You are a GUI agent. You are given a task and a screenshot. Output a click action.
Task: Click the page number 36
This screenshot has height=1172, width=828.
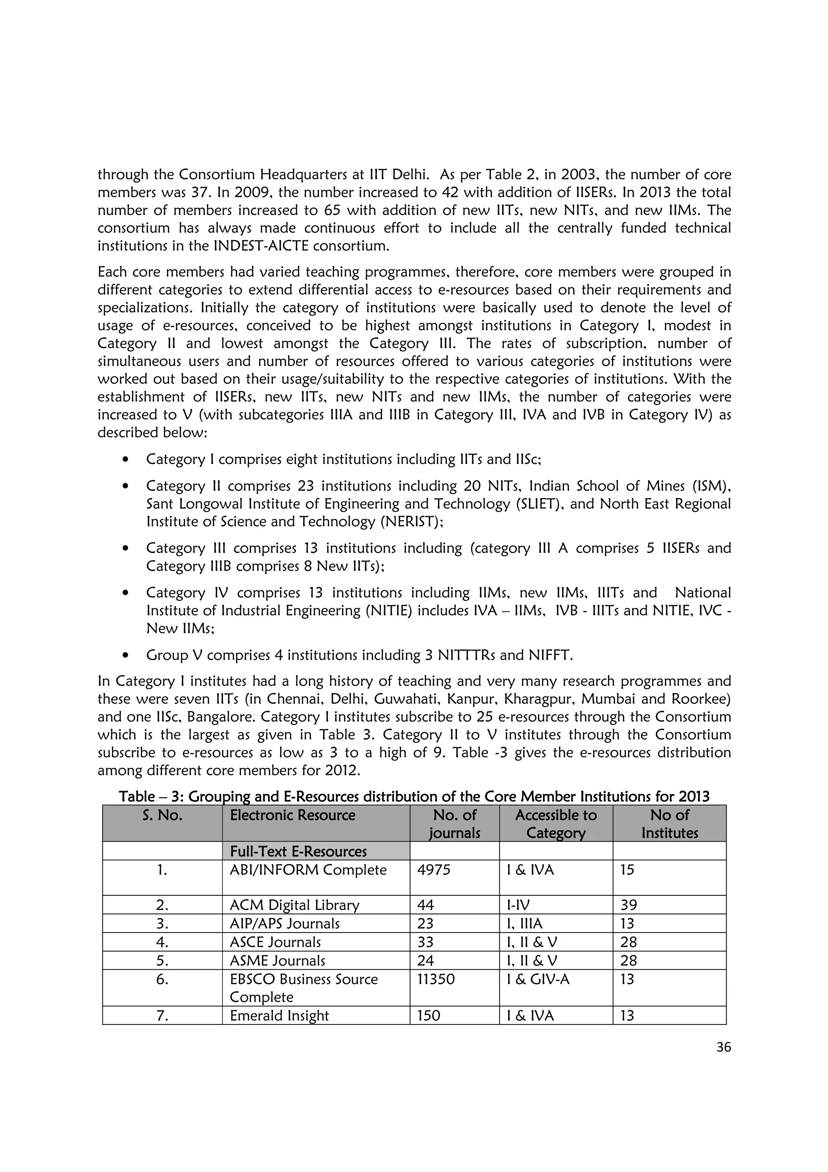723,1047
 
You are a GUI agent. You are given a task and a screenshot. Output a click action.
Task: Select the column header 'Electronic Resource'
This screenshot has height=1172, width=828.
292,815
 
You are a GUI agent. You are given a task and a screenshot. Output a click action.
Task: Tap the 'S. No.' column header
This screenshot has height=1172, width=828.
162,815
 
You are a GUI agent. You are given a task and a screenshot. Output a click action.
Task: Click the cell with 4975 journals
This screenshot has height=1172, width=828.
434,870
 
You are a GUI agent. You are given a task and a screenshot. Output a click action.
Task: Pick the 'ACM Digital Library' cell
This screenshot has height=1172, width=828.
294,905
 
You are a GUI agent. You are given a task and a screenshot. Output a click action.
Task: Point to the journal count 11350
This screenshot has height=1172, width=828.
436,979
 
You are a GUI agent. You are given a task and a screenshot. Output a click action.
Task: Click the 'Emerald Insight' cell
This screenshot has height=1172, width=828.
279,1015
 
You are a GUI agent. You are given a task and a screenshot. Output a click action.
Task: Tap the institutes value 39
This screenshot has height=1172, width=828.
629,905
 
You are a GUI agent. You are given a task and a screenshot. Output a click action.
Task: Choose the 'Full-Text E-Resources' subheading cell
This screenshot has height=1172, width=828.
298,851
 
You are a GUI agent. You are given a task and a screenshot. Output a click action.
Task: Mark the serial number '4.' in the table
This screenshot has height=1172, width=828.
162,942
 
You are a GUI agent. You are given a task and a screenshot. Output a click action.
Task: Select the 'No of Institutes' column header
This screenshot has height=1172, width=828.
670,823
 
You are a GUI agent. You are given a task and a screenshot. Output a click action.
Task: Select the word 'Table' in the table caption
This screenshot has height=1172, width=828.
136,796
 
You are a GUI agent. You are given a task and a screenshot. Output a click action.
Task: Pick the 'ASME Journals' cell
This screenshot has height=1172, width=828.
277,960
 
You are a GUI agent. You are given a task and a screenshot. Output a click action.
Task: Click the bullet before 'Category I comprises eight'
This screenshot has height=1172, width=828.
125,460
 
